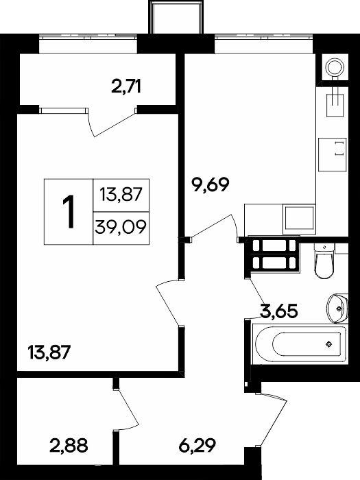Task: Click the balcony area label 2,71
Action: (x=126, y=86)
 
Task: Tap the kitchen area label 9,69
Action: (x=210, y=184)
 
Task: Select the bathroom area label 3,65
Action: (x=278, y=311)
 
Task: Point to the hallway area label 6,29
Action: (x=197, y=445)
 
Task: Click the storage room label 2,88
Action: (x=69, y=445)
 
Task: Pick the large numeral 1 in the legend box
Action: (x=69, y=212)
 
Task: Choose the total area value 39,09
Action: (x=120, y=228)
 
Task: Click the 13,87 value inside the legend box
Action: (x=121, y=195)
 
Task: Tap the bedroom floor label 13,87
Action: (x=49, y=352)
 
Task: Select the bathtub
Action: (x=300, y=345)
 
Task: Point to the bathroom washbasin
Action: (x=337, y=309)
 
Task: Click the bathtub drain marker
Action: (x=328, y=345)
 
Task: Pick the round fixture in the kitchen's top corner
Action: (x=335, y=67)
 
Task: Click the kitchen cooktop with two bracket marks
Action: (x=332, y=154)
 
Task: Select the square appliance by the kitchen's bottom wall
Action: (x=300, y=219)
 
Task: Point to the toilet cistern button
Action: (x=324, y=247)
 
